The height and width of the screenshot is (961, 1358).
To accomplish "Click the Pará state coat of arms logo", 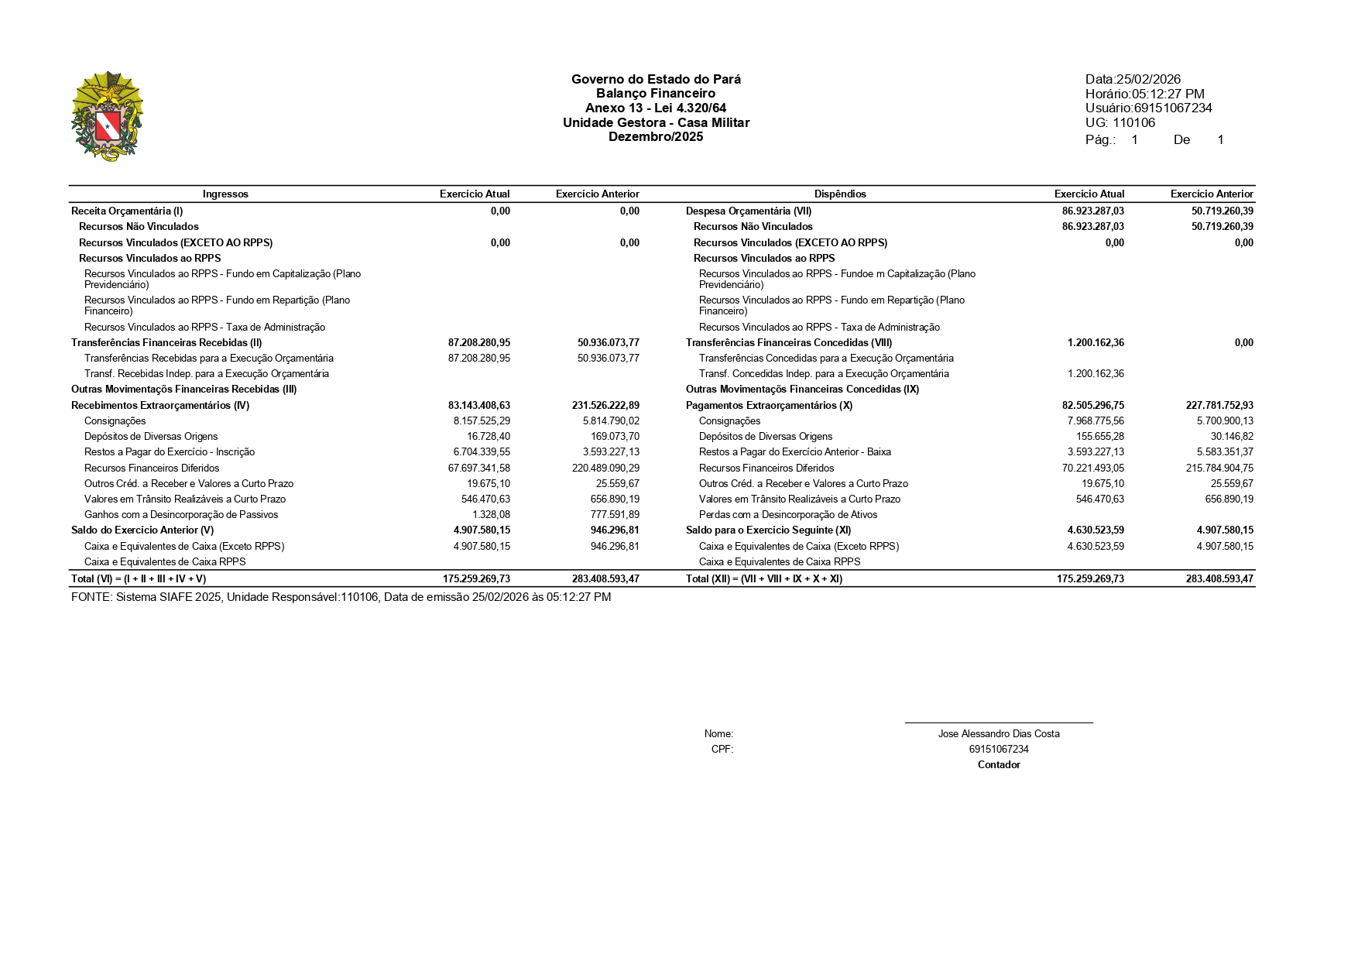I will tap(107, 116).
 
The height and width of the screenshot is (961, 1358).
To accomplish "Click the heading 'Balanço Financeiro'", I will tap(655, 94).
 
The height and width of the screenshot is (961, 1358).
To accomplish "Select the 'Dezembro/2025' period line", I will tap(655, 137).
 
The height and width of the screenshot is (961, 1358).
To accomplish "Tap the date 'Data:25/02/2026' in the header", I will tap(1133, 79).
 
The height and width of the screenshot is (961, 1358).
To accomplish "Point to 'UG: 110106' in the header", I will tap(1120, 122).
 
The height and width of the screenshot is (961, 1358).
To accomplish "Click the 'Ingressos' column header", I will tap(225, 194).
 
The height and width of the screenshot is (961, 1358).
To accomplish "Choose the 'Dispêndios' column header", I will tap(840, 194).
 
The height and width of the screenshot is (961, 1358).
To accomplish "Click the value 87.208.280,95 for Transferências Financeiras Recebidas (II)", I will tap(478, 342).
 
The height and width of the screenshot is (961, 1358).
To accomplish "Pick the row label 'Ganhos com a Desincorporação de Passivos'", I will tap(181, 514).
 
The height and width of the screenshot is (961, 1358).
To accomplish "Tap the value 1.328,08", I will tap(491, 514).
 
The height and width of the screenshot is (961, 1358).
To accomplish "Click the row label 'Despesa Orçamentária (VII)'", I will tap(748, 211).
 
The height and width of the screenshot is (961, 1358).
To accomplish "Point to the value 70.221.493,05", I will tap(1092, 468).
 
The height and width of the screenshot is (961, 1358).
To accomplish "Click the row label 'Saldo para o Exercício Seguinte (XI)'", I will tap(768, 530).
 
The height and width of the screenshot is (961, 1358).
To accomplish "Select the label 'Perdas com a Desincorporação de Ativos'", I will tap(787, 514).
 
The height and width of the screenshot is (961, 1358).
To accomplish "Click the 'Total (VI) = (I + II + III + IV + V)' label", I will tap(139, 578).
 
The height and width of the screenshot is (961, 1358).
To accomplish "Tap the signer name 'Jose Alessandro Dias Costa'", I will tap(999, 733).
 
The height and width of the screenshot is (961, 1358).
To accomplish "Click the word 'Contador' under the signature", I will tap(999, 764).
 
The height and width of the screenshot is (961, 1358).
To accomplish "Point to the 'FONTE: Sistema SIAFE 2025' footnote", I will tap(341, 597).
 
